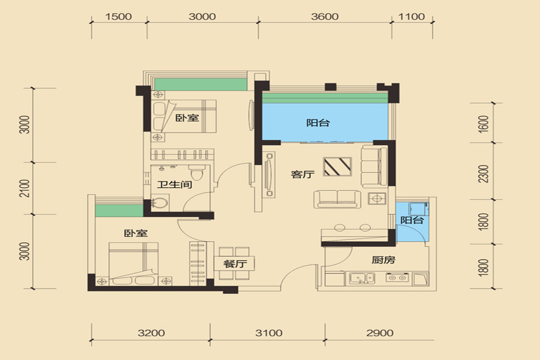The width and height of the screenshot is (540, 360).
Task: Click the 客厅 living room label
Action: pos(303,175)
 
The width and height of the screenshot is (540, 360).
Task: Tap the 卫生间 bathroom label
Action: pos(175,185)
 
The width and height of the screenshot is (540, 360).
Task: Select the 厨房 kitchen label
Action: pos(383,260)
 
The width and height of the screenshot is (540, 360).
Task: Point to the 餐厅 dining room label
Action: pos(235,264)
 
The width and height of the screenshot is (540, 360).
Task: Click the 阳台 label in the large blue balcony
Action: pos(318,122)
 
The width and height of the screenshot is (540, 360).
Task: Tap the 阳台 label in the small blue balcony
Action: pos(412,220)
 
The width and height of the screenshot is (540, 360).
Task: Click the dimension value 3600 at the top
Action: pos(325,17)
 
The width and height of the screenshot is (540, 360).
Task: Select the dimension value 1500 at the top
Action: pos(118,17)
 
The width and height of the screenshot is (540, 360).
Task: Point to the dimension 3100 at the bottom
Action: pos(269,333)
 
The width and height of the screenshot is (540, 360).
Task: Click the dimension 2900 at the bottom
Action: pos(380,333)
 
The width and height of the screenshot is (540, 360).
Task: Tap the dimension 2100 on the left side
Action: pos(25,188)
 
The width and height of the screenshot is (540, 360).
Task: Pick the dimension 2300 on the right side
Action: pos(484,174)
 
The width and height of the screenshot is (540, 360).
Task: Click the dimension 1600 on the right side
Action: pos(484,124)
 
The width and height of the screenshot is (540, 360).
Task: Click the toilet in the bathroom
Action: pos(197,172)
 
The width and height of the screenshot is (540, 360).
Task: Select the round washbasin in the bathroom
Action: pos(160,203)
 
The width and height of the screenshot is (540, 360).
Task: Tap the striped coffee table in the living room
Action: pos(337,167)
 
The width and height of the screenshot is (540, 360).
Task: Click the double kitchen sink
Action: pos(362,278)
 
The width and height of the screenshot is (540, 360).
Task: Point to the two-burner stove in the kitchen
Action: pos(397,277)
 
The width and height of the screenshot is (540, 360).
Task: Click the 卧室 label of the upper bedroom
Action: pos(187,118)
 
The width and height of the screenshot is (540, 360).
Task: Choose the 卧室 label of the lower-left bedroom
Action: pos(136,233)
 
